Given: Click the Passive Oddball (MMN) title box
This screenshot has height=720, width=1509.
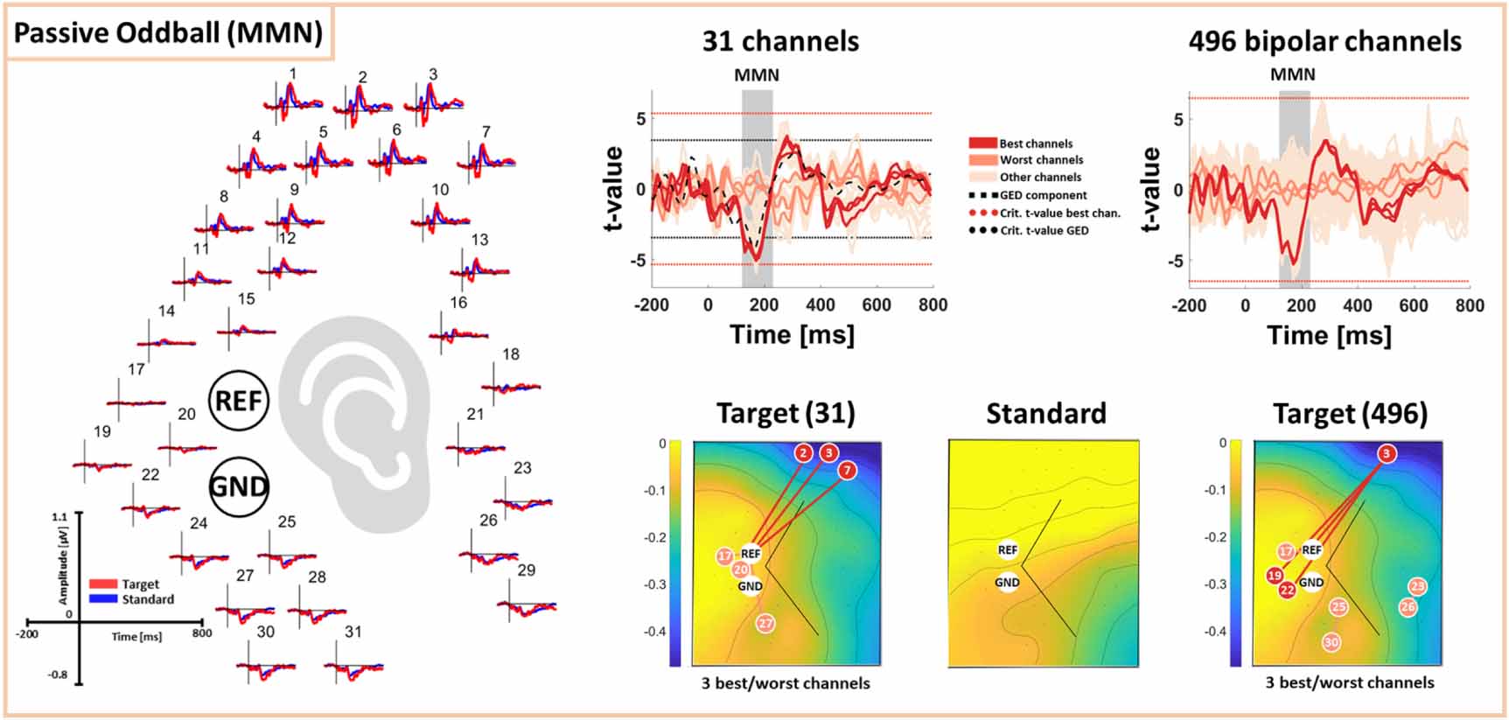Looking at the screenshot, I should [x=169, y=33].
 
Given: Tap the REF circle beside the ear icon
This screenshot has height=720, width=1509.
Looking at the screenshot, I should [x=238, y=401].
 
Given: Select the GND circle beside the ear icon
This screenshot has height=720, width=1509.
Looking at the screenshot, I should [x=239, y=486].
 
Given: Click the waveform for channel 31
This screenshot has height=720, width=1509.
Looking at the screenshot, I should [x=353, y=669].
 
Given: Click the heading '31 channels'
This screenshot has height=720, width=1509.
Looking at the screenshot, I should [x=780, y=41].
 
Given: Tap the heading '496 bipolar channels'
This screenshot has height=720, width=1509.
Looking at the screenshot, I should [x=1324, y=41].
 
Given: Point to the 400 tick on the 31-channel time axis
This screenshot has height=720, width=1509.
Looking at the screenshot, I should [x=820, y=305].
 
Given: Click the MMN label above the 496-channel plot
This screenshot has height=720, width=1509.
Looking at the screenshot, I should [x=1292, y=75].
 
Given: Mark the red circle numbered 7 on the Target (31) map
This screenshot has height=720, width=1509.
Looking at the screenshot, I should [x=847, y=471].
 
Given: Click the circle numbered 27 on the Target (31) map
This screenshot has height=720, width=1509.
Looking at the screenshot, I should [x=765, y=624].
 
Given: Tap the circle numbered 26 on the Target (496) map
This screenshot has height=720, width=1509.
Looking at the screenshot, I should [x=1408, y=606].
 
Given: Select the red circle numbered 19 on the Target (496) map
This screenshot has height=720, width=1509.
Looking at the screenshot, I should [x=1275, y=576].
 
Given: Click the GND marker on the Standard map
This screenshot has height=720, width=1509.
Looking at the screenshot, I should [x=1007, y=582].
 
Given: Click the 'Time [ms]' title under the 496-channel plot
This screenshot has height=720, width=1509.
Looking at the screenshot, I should [x=1329, y=335].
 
